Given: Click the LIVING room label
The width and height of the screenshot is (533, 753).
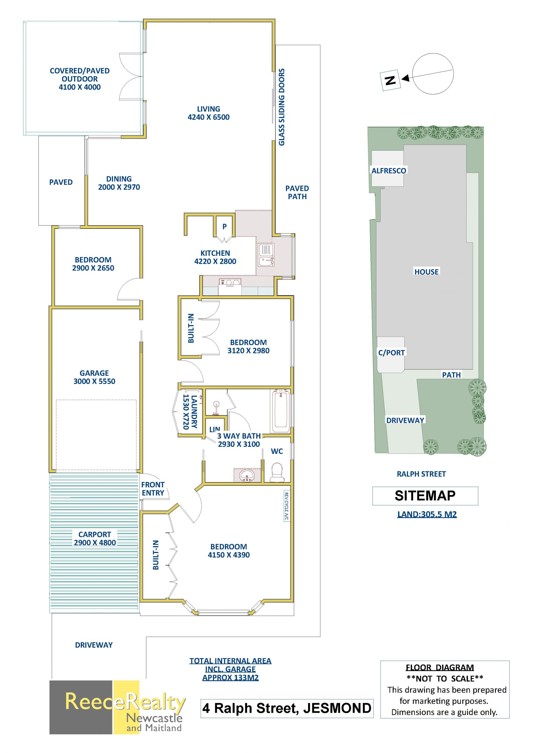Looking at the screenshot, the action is (x=208, y=109).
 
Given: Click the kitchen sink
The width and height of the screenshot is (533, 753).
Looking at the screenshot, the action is (x=266, y=255).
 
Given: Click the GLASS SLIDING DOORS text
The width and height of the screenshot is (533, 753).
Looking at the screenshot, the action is (x=281, y=107).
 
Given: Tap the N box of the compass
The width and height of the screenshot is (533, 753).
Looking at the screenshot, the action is (x=390, y=80).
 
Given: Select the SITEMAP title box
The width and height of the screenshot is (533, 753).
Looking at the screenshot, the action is (x=425, y=496).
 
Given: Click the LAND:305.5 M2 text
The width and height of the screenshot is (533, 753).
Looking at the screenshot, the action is (x=427, y=514).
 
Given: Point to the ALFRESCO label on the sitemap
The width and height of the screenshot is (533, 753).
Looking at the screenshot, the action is (x=389, y=171).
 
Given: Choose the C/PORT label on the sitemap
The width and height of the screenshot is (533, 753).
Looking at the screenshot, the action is (x=391, y=353).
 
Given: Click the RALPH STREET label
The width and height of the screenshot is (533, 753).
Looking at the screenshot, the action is (x=421, y=474).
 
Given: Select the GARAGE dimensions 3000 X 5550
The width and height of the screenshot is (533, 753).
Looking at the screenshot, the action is (x=94, y=381).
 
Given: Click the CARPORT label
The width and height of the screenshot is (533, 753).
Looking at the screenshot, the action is (x=94, y=534).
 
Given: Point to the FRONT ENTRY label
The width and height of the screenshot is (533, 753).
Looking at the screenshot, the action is (x=153, y=489).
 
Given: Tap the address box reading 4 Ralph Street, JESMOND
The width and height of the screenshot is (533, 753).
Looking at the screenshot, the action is (x=287, y=708).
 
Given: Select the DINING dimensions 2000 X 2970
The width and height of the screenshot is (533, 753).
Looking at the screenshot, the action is (x=119, y=187).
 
